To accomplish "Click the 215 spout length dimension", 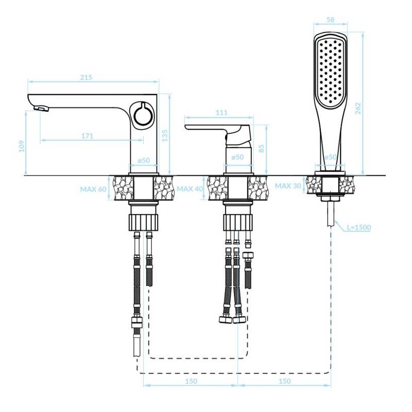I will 86,78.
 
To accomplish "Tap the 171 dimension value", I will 87,136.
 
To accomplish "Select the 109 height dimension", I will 22,146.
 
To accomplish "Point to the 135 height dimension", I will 165,135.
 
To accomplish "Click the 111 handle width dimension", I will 221,113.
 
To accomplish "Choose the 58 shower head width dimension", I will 332,21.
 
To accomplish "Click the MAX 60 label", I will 93,189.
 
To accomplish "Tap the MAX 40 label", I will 190,189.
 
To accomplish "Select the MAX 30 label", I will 288,186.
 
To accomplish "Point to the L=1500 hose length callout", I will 358,227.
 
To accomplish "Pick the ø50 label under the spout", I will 143,161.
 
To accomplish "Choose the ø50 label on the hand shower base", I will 330,157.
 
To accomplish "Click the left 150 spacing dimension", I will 190,381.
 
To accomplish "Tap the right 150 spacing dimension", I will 284,381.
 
